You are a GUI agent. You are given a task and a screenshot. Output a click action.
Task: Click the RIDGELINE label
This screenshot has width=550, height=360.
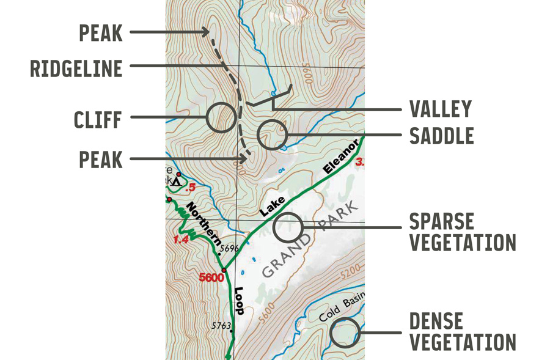click(76, 68)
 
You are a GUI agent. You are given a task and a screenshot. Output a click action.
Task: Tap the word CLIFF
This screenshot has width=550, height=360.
click(98, 119)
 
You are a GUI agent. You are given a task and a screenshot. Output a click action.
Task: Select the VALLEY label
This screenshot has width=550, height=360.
click(441, 109)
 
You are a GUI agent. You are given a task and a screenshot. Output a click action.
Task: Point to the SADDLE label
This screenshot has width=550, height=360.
click(441, 136)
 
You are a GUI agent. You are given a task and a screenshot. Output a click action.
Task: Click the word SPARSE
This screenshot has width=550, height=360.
click(441, 221)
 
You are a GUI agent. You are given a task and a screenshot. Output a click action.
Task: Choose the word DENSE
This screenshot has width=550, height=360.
click(436, 321)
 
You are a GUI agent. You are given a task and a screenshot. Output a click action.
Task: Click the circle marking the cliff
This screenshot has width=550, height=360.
click(221, 118)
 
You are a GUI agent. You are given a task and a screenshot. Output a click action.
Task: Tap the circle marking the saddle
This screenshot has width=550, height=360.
click(272, 135)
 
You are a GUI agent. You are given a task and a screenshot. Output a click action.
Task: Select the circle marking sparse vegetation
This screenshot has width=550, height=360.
click(288, 227)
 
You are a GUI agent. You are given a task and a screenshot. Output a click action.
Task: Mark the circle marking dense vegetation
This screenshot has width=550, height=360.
click(345, 332)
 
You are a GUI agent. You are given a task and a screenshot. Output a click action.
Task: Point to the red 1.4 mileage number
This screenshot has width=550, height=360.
click(181, 240)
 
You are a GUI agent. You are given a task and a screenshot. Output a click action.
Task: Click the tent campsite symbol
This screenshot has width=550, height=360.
click(177, 181)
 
